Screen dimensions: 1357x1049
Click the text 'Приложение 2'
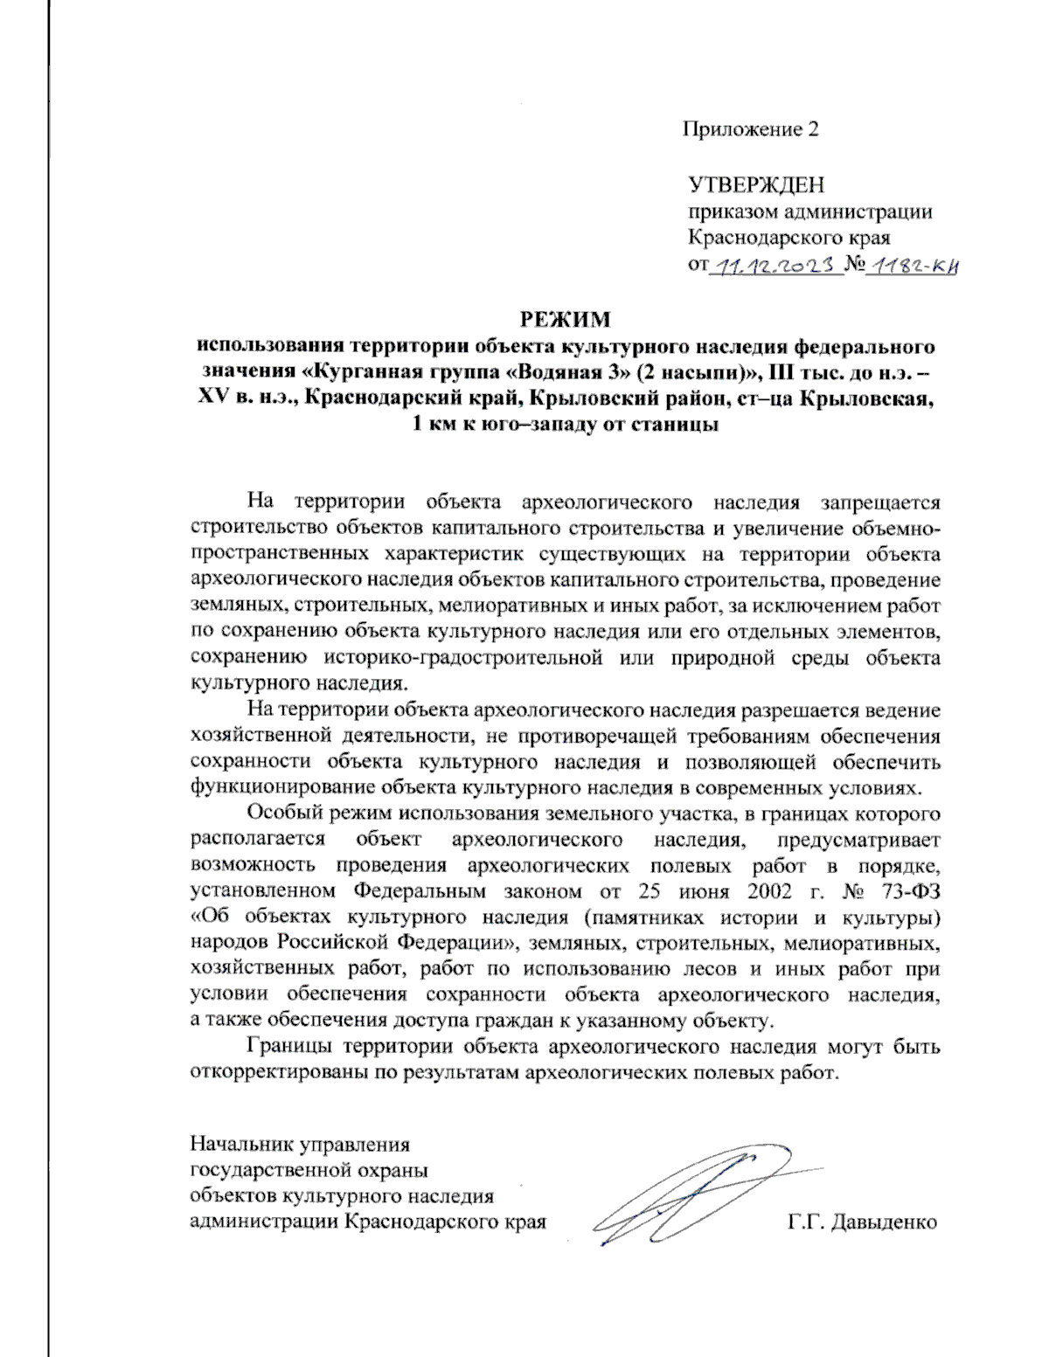(x=750, y=130)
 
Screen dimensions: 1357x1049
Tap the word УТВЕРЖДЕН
(x=756, y=185)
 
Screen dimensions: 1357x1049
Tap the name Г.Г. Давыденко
(x=861, y=1222)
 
